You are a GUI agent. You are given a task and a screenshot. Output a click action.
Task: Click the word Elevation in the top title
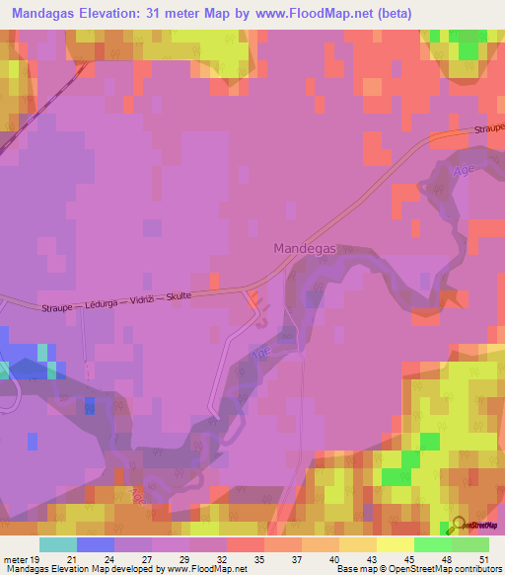[x=131, y=13]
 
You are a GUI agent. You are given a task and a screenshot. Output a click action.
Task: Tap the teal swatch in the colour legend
[x=58, y=543]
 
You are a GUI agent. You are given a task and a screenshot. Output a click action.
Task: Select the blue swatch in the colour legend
[x=96, y=543]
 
